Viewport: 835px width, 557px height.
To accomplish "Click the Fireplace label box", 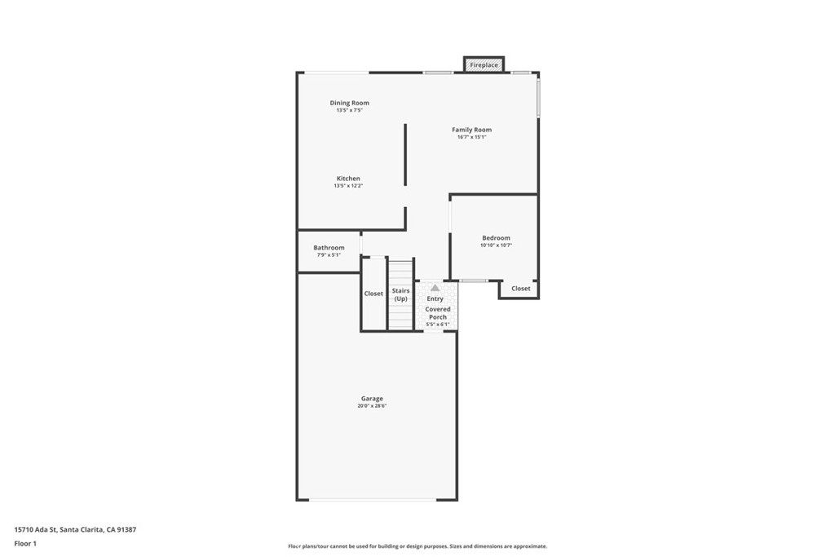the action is click(484, 65).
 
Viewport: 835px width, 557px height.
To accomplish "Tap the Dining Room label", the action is click(349, 103).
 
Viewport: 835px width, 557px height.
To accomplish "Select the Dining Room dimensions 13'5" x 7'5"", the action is click(349, 110).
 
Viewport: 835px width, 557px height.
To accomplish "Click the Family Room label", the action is click(472, 130).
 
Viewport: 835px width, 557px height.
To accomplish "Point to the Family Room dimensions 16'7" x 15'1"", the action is click(472, 137).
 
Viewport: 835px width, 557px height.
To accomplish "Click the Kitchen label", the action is click(348, 179).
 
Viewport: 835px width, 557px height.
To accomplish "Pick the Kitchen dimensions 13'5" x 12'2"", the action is click(348, 186).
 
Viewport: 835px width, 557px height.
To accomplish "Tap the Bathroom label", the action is click(329, 248).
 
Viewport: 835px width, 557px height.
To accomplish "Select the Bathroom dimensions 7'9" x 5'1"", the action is click(329, 255).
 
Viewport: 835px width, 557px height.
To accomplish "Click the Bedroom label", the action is click(496, 238).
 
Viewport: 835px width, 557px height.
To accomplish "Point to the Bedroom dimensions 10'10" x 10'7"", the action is click(496, 245).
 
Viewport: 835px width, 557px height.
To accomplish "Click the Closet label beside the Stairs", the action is click(373, 294).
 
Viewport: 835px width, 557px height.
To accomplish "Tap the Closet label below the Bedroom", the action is click(521, 289).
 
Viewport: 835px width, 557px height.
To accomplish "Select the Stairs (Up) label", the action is click(400, 294).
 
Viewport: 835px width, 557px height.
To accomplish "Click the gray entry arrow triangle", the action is click(435, 288).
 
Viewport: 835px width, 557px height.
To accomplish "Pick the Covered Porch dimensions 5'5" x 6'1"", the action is click(438, 325).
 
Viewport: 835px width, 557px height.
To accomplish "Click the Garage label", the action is click(372, 398).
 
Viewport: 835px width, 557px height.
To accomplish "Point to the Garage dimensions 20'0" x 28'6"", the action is click(372, 406).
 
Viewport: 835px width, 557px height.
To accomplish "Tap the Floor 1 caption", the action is click(25, 544).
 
